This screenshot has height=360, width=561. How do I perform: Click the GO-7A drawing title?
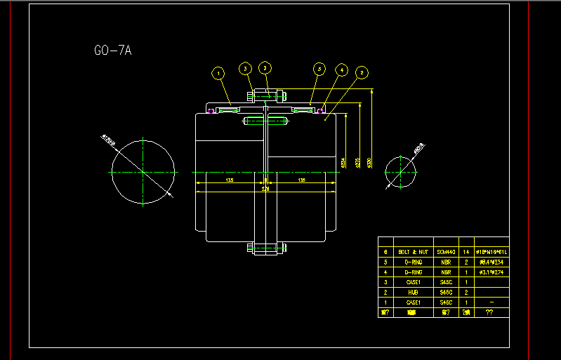pos(113,51)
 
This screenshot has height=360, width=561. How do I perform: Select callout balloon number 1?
pos(218,72)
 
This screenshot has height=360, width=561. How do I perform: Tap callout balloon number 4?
pos(341,70)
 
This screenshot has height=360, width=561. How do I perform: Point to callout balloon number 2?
pos(362,72)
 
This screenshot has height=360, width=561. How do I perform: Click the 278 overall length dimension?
pos(265,189)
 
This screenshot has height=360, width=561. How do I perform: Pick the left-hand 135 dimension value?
pos(230,180)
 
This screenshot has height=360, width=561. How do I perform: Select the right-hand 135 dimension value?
pos(302,180)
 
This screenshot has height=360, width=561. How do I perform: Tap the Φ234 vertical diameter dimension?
pos(343,163)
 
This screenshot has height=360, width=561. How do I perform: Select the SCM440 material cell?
pos(446,251)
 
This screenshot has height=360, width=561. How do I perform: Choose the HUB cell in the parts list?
pos(414,292)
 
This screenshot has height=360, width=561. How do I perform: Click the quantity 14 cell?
pos(466,251)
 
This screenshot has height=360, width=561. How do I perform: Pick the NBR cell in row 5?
pos(446,262)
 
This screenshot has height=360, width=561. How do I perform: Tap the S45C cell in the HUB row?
pos(446,292)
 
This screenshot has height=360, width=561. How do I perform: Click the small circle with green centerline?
pos(400,171)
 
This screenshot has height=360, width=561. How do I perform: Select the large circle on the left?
pos(143,171)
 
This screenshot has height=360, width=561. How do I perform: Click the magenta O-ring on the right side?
pos(320,109)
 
